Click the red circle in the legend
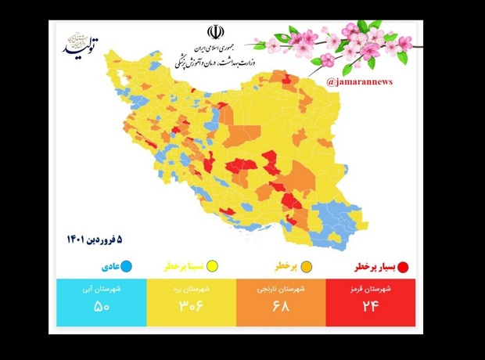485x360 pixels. tap(404, 268)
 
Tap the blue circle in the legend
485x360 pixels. tap(127, 268)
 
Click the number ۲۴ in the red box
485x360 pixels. tap(369, 306)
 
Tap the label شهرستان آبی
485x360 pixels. tap(103, 288)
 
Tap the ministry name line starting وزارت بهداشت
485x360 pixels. tap(214, 61)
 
